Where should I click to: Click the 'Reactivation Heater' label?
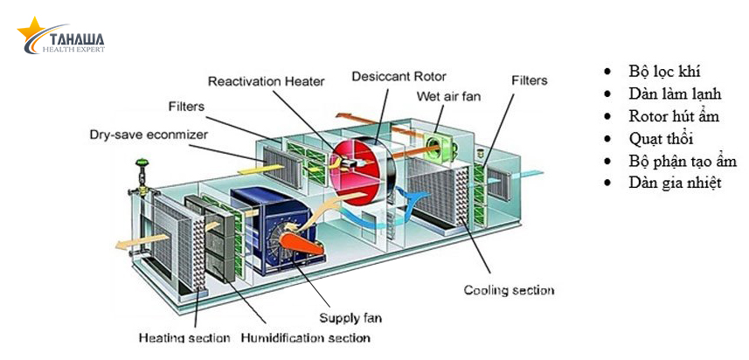[x=266, y=81]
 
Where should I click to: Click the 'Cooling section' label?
[x=509, y=289]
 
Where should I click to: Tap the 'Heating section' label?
[x=184, y=337]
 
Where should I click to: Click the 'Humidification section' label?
[x=306, y=337]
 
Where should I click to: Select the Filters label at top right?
[x=529, y=80]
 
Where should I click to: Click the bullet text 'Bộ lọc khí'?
[x=664, y=72]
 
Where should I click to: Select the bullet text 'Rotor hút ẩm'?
[x=674, y=116]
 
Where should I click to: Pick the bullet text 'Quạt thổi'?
[x=665, y=138]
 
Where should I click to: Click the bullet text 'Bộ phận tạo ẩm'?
[x=683, y=161]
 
